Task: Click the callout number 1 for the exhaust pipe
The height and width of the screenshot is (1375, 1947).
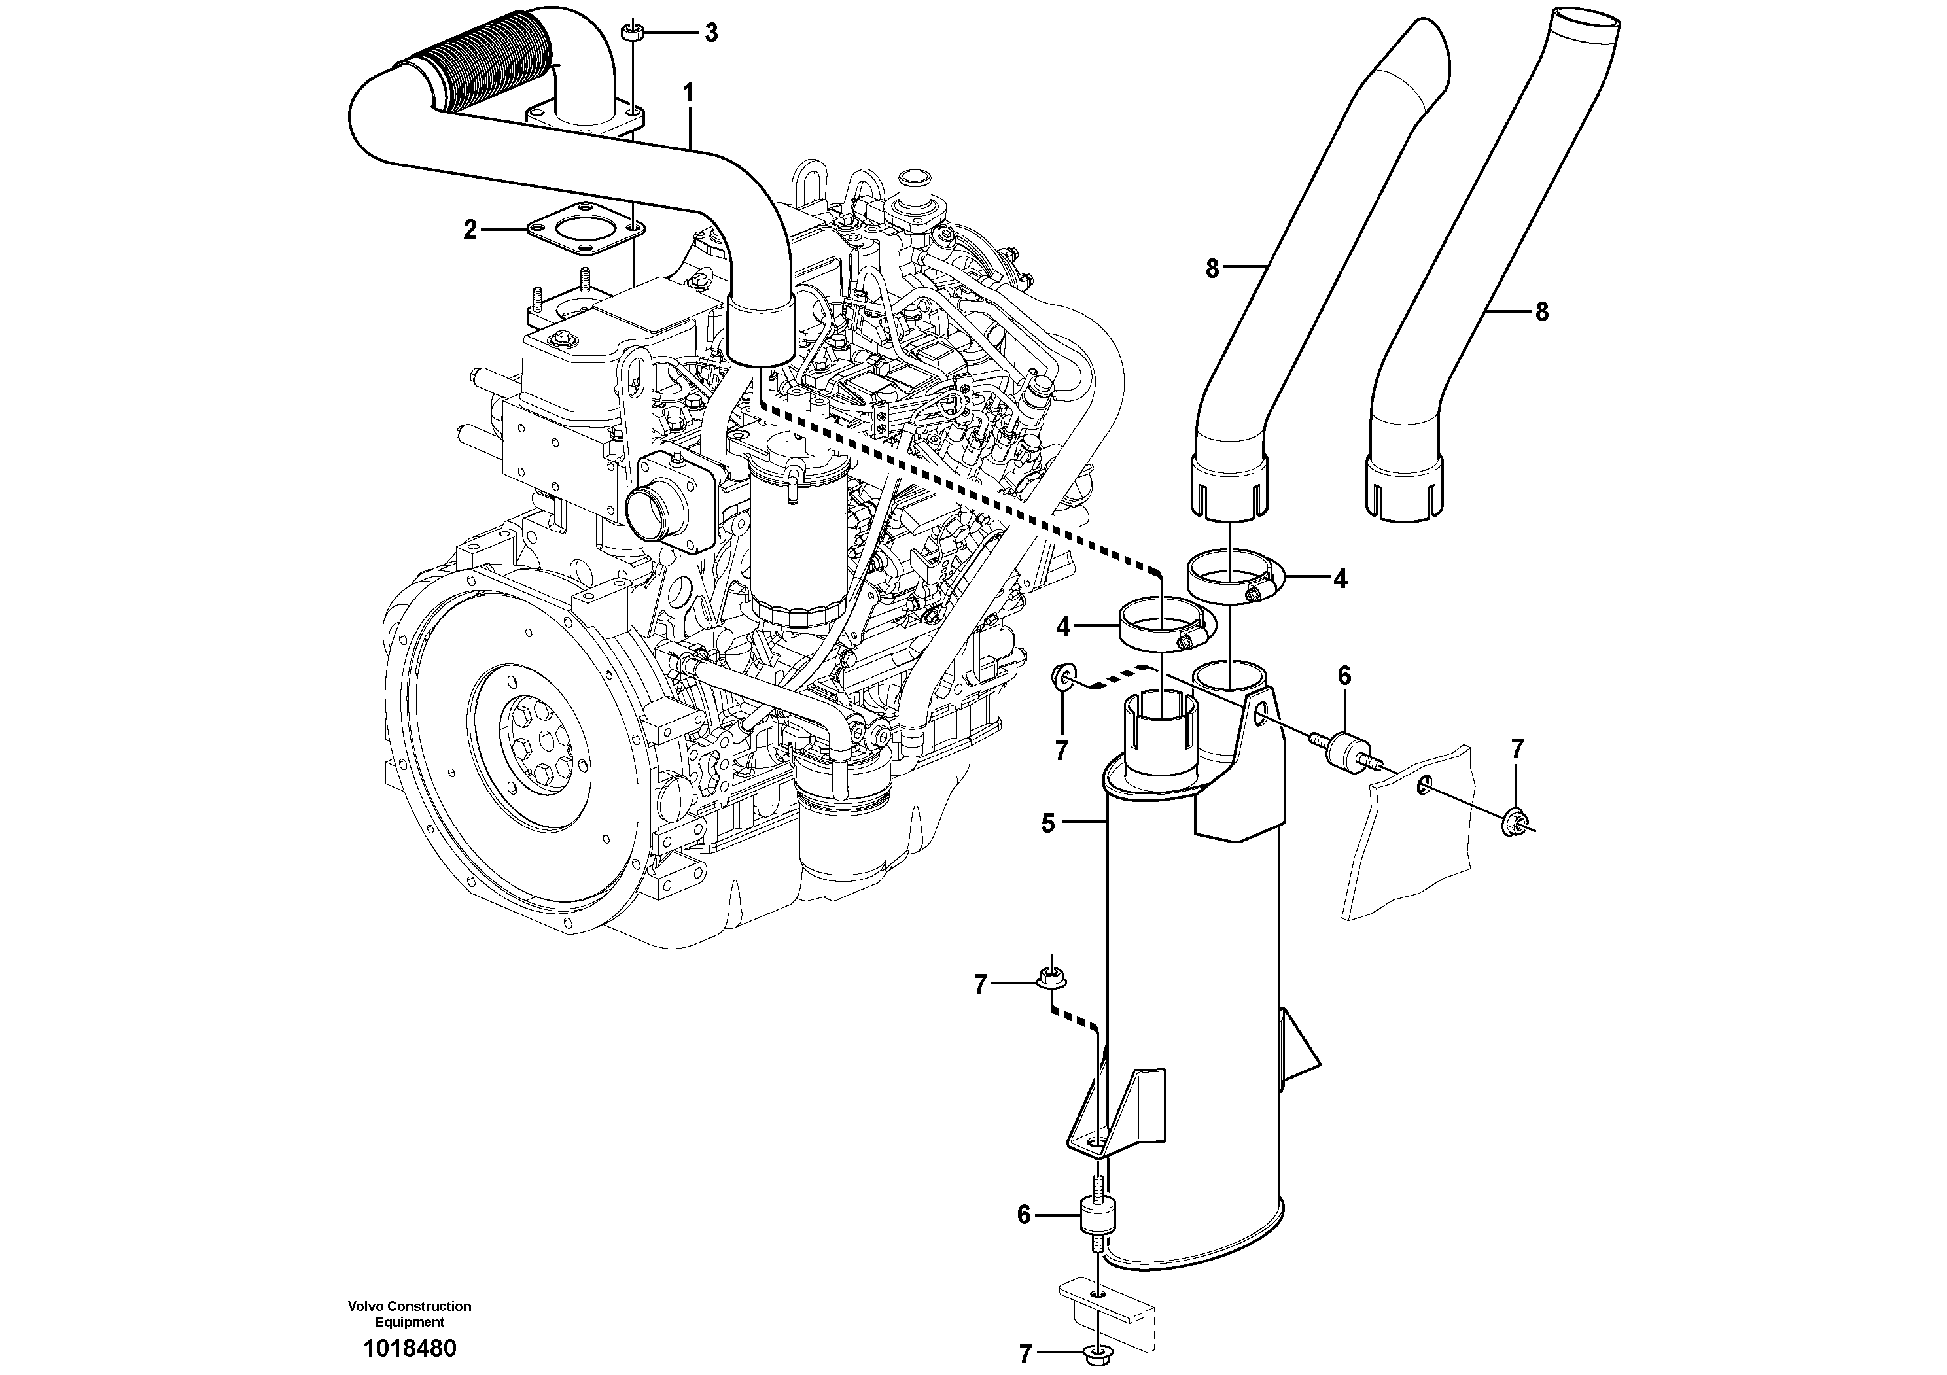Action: (688, 92)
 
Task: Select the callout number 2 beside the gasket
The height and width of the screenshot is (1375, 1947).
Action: (470, 229)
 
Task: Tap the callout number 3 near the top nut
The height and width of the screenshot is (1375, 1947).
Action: (710, 33)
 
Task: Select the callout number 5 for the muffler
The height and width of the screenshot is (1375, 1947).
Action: (1048, 822)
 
